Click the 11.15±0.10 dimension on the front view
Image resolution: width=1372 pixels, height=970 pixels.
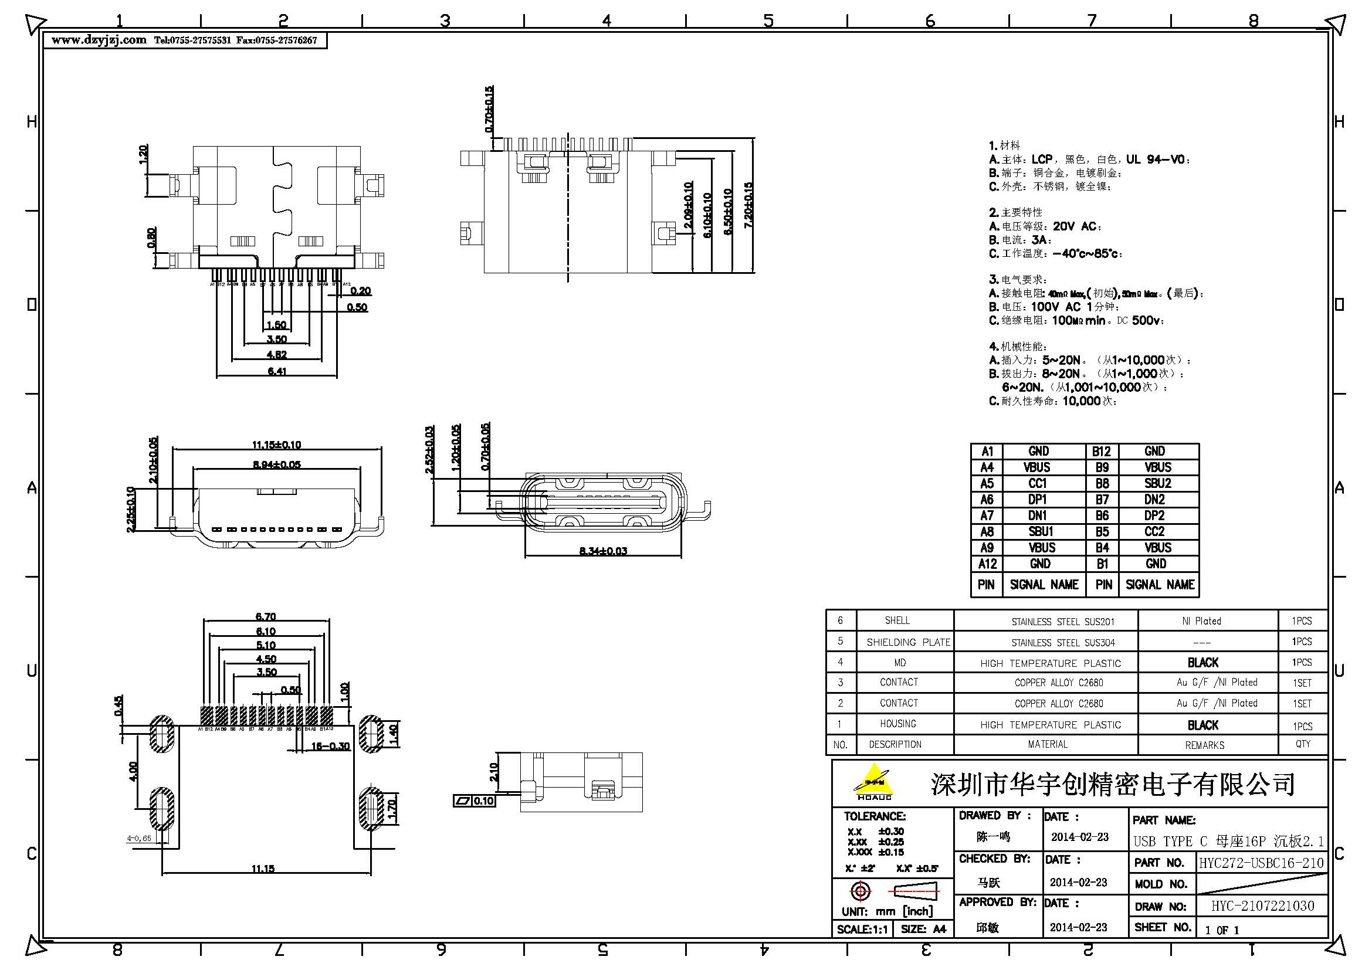pyautogui.click(x=276, y=445)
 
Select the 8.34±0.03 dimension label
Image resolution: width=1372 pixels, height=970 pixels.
pyautogui.click(x=603, y=551)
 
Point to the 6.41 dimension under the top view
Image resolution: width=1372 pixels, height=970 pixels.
pyautogui.click(x=277, y=371)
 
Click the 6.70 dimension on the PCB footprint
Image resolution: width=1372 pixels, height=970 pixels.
pyautogui.click(x=265, y=616)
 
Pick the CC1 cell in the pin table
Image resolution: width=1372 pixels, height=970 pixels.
pyautogui.click(x=1038, y=483)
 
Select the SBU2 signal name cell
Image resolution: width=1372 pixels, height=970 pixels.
pyautogui.click(x=1157, y=483)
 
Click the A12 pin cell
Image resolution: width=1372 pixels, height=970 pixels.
pyautogui.click(x=987, y=564)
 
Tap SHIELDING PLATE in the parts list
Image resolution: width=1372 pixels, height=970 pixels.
pyautogui.click(x=907, y=642)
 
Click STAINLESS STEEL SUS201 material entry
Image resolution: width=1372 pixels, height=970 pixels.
pyautogui.click(x=1062, y=622)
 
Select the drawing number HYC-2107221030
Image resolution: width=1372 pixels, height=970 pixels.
pyautogui.click(x=1262, y=906)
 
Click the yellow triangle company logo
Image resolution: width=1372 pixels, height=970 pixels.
pyautogui.click(x=873, y=781)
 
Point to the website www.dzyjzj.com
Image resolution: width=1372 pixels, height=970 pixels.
pyautogui.click(x=99, y=40)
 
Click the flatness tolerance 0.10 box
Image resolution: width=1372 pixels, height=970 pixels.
pyautogui.click(x=483, y=801)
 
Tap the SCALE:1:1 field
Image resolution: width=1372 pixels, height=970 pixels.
pyautogui.click(x=862, y=930)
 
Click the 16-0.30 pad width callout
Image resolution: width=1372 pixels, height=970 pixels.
pyautogui.click(x=330, y=746)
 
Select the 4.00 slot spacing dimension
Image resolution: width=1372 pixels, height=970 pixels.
pyautogui.click(x=133, y=771)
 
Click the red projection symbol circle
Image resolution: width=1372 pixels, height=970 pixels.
pyautogui.click(x=861, y=892)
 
